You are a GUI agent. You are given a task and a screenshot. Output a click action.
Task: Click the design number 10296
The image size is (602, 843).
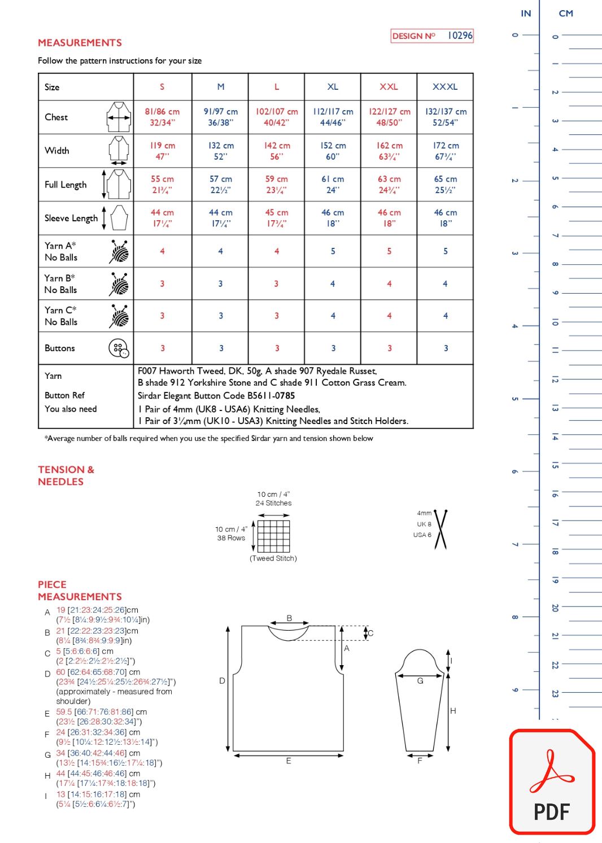point(460,36)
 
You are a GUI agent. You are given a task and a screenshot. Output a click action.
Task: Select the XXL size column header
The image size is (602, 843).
point(389,87)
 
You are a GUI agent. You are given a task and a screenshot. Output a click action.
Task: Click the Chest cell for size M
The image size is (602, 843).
point(220,117)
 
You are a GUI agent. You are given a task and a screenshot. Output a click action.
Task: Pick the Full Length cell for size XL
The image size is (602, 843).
point(333,184)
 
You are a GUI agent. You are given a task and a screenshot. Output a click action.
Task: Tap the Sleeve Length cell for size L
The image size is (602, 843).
point(277,218)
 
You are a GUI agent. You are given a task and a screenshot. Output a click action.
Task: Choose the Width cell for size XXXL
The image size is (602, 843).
point(445,151)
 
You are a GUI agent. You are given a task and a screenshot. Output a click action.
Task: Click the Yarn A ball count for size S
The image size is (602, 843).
point(162,251)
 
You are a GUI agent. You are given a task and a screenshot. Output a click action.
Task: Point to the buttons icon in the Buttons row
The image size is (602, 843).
point(119,348)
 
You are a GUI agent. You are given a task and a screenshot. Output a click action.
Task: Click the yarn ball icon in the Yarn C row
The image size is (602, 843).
point(119,316)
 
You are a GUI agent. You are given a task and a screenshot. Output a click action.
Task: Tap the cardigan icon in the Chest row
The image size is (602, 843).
point(119,117)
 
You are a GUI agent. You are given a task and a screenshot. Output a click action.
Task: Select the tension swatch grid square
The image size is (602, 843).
point(273,536)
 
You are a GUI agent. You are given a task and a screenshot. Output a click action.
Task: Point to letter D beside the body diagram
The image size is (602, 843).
point(222,681)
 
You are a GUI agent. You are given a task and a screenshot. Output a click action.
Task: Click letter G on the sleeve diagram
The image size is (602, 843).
point(420,681)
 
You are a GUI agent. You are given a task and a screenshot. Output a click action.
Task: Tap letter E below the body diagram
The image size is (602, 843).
point(289,761)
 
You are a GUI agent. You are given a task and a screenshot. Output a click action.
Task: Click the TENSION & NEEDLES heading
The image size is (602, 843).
point(66,475)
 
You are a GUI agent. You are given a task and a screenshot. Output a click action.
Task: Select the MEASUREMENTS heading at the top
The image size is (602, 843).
point(80,43)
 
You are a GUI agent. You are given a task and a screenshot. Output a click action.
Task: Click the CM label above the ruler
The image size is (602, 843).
point(565,14)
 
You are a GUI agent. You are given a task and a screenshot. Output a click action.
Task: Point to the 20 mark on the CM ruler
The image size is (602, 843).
point(555,608)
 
